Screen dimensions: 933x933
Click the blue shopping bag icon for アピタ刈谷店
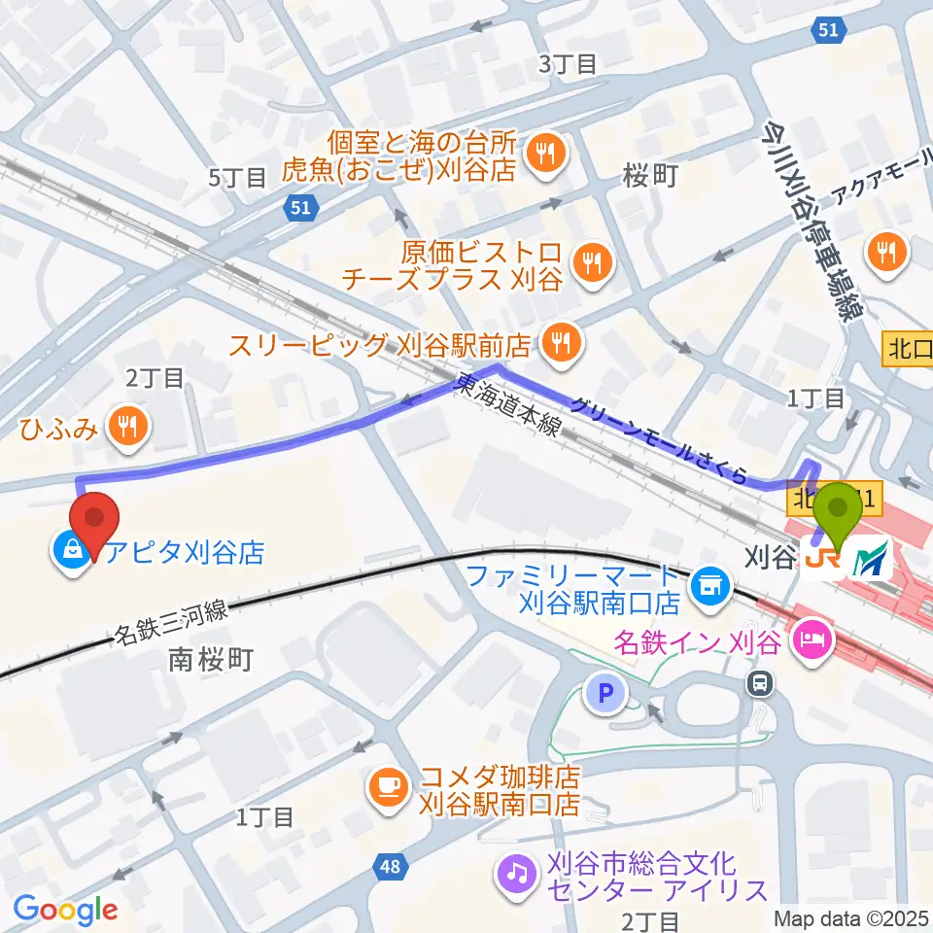(x=74, y=553)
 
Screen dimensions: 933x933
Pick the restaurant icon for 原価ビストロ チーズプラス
(x=590, y=259)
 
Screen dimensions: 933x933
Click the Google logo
(x=65, y=910)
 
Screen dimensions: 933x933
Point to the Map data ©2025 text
(x=851, y=917)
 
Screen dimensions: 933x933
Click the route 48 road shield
(x=389, y=864)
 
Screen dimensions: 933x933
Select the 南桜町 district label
(x=211, y=661)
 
